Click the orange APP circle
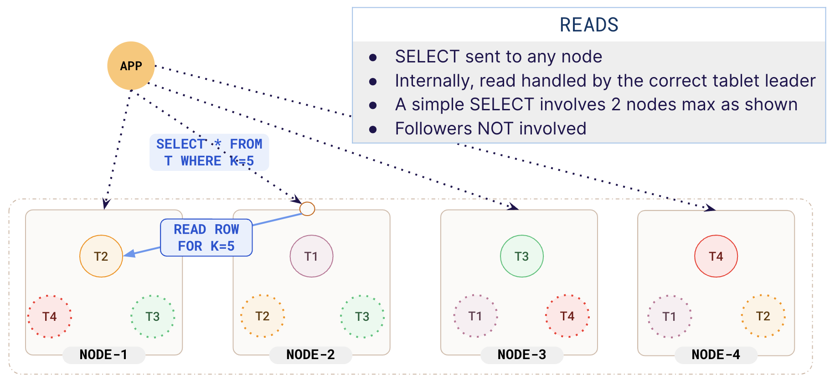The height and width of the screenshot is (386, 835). pyautogui.click(x=131, y=66)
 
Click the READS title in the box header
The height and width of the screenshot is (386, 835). pyautogui.click(x=588, y=25)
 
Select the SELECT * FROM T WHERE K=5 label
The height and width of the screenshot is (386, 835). pyautogui.click(x=209, y=152)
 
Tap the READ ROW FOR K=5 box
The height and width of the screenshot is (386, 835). pyautogui.click(x=206, y=237)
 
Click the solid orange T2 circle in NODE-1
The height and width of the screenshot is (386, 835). pyautogui.click(x=101, y=256)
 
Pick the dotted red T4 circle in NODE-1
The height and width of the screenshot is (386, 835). pyautogui.click(x=50, y=316)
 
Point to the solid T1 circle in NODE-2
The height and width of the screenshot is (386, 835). pyautogui.click(x=311, y=256)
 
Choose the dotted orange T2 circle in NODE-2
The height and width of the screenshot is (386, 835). pyautogui.click(x=263, y=316)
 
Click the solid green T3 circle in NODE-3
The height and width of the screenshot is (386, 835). pyautogui.click(x=521, y=256)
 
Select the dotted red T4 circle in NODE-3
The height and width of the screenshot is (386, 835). pyautogui.click(x=567, y=316)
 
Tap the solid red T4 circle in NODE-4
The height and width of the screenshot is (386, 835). pyautogui.click(x=716, y=256)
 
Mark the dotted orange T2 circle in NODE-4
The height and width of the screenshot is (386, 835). pyautogui.click(x=763, y=316)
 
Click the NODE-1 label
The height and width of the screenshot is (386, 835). pyautogui.click(x=103, y=355)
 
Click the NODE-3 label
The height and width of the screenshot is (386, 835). pyautogui.click(x=521, y=355)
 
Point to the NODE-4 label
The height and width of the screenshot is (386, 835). pyautogui.click(x=716, y=355)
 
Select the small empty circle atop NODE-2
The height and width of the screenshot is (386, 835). pyautogui.click(x=307, y=209)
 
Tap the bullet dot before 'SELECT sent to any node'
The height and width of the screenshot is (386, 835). pyautogui.click(x=373, y=57)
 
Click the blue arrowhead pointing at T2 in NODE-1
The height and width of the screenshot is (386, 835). pyautogui.click(x=129, y=253)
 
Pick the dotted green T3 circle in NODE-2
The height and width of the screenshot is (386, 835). pyautogui.click(x=362, y=316)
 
